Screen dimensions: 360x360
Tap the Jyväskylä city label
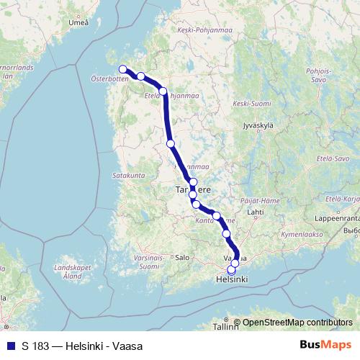pyautogui.click(x=258, y=125)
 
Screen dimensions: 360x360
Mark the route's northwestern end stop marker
pyautogui.click(x=122, y=69)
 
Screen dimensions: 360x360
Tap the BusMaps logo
pyautogui.click(x=325, y=346)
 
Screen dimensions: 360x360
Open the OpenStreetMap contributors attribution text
pyautogui.click(x=297, y=323)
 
